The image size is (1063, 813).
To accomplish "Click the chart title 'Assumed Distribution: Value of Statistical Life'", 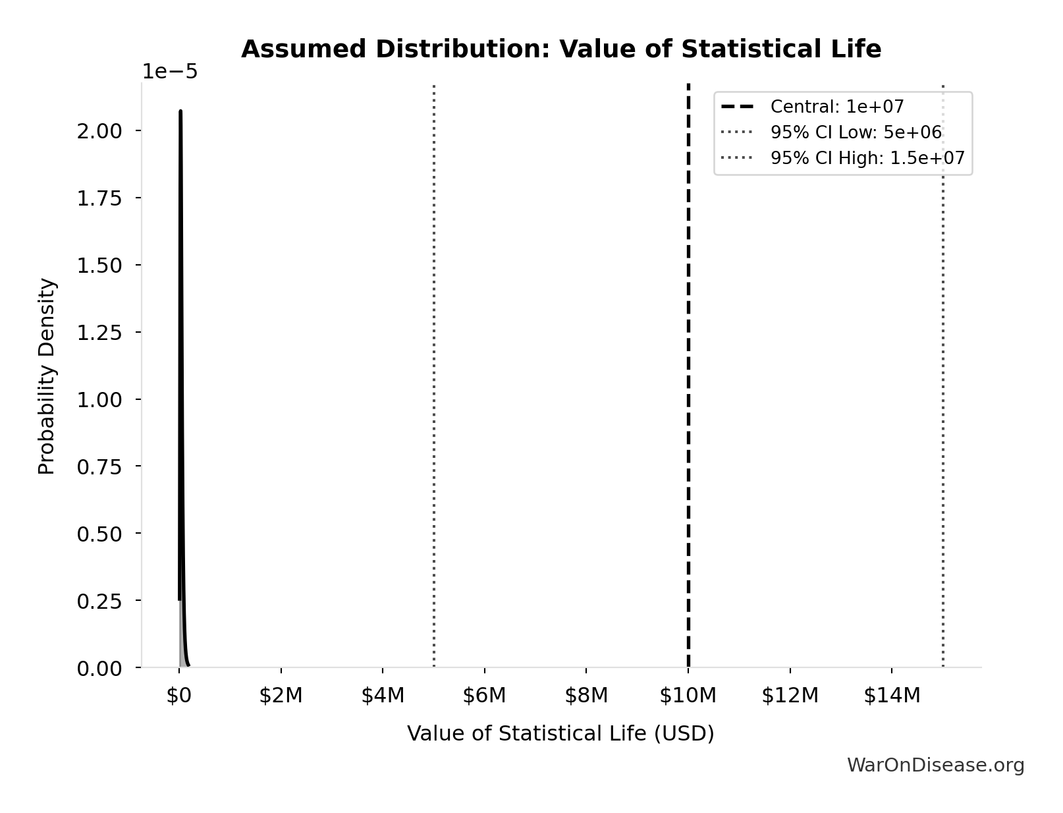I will (561, 49).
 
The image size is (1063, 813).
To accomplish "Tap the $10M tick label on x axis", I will (688, 695).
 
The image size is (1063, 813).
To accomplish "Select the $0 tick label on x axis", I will (179, 695).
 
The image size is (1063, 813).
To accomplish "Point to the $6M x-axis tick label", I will (484, 695).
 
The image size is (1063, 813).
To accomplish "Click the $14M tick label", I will (892, 695).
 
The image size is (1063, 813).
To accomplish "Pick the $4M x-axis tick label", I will (383, 695).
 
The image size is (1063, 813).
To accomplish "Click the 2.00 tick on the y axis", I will (99, 131).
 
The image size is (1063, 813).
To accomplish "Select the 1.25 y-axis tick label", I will (99, 333).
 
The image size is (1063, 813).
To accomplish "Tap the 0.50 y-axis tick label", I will (99, 534).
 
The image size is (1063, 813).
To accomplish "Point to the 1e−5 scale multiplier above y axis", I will (170, 72).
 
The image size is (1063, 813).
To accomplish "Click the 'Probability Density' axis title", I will (47, 376).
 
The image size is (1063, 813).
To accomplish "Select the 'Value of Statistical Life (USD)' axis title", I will (560, 734).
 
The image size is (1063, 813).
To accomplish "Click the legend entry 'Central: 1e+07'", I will (837, 107).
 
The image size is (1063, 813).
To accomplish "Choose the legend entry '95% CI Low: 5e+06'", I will (856, 132).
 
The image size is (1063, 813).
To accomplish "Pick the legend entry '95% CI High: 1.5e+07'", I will (867, 158).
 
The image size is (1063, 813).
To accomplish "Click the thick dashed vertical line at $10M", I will (688, 395).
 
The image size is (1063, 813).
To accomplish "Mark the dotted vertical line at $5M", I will (434, 395).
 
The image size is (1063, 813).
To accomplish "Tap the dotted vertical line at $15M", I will (943, 395).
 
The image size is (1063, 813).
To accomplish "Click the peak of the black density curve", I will (180, 112).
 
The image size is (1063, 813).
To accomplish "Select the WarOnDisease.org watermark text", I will (935, 765).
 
